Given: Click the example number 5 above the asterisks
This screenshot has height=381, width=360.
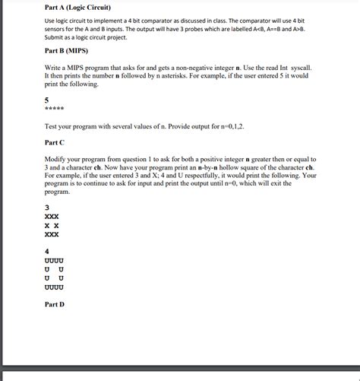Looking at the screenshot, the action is click(47, 99).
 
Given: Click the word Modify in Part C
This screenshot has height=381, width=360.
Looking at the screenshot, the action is click(58, 156).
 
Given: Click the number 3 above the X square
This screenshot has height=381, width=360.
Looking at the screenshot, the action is click(47, 208).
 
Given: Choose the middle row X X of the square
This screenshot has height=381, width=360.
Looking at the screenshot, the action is click(52, 225).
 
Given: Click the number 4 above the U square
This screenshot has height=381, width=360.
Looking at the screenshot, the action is click(47, 250).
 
